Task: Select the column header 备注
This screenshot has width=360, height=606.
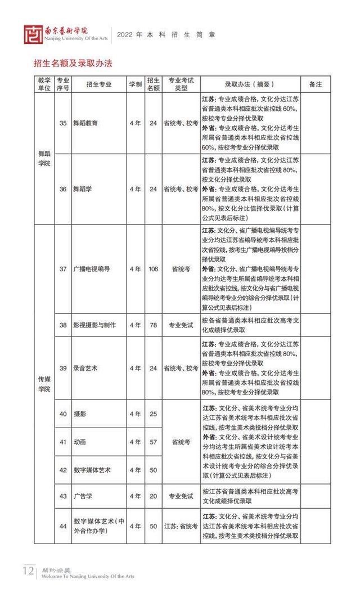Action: [316, 84]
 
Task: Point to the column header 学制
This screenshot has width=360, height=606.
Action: [135, 84]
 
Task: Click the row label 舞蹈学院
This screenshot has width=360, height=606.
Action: [44, 158]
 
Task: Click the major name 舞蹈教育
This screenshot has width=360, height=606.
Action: [87, 123]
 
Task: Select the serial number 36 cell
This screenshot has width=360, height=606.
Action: [63, 189]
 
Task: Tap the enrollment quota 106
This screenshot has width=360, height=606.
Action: [153, 269]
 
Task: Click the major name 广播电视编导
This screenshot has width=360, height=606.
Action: [92, 269]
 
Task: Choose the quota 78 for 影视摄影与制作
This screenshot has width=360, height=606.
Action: [153, 325]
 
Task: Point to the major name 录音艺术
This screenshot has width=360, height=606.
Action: [85, 368]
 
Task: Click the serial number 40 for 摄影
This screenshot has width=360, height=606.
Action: [63, 414]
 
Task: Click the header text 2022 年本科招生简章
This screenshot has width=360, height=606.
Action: [166, 34]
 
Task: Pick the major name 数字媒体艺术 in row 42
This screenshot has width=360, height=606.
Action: [92, 469]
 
